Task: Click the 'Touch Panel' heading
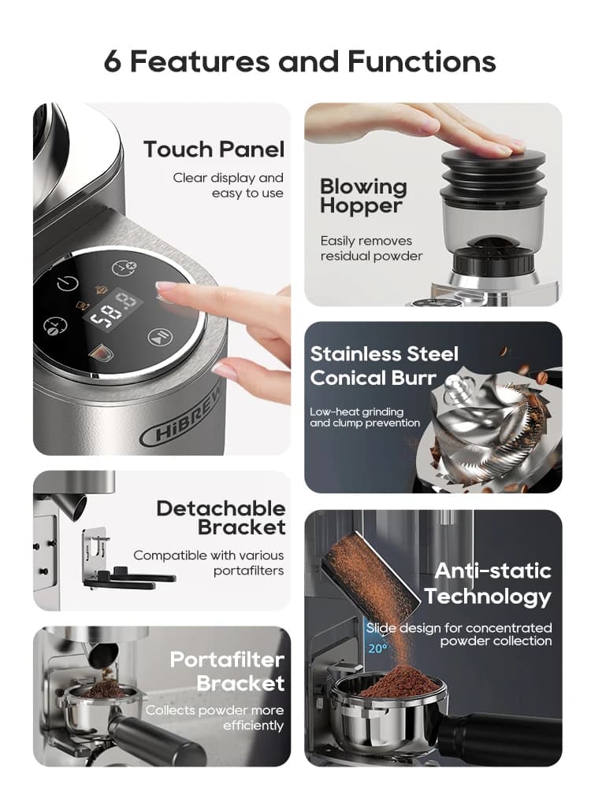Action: click(214, 150)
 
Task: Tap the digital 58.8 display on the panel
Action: click(113, 310)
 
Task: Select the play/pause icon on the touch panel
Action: click(161, 336)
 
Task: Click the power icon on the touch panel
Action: click(67, 284)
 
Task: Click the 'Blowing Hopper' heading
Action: click(363, 196)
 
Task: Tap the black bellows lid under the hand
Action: click(493, 173)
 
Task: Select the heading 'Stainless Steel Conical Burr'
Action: click(384, 366)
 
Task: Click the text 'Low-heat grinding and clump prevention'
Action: click(365, 417)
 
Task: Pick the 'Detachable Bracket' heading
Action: click(221, 518)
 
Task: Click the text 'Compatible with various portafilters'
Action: click(209, 563)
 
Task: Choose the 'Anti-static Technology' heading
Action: click(488, 584)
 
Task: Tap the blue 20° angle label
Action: click(377, 648)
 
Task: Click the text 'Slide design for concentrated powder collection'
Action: click(459, 634)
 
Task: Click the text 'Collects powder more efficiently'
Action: click(214, 718)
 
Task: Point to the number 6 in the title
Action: click(113, 62)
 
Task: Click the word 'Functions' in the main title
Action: click(422, 61)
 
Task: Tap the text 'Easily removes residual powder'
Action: click(371, 249)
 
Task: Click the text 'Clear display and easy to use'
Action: click(229, 185)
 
